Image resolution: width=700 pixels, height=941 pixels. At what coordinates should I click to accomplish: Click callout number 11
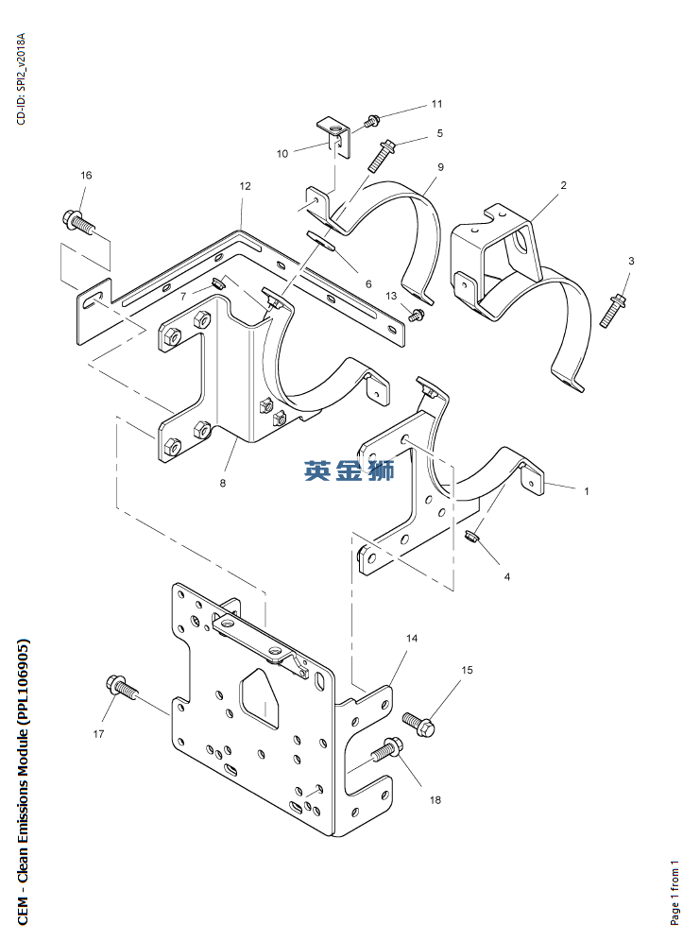click(x=436, y=104)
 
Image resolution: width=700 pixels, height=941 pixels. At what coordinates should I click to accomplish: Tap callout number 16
click(x=86, y=175)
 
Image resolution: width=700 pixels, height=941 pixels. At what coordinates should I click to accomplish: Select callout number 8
click(x=223, y=483)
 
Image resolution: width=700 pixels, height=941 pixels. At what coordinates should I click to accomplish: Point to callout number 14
click(x=412, y=638)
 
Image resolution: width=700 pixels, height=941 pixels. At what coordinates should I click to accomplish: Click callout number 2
click(x=563, y=185)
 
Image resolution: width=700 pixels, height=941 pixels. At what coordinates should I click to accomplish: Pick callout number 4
click(x=507, y=576)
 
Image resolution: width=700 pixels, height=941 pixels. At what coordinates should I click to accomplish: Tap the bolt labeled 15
click(x=418, y=723)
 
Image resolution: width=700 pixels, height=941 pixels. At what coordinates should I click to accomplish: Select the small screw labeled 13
click(x=417, y=314)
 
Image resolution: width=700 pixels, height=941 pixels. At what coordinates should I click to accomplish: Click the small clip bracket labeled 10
click(x=333, y=137)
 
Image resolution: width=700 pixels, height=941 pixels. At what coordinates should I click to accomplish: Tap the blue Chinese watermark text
click(x=349, y=470)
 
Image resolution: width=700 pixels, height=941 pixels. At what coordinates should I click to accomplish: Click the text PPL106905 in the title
click(x=23, y=683)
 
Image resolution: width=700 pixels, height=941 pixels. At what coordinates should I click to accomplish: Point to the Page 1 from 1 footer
click(x=674, y=893)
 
